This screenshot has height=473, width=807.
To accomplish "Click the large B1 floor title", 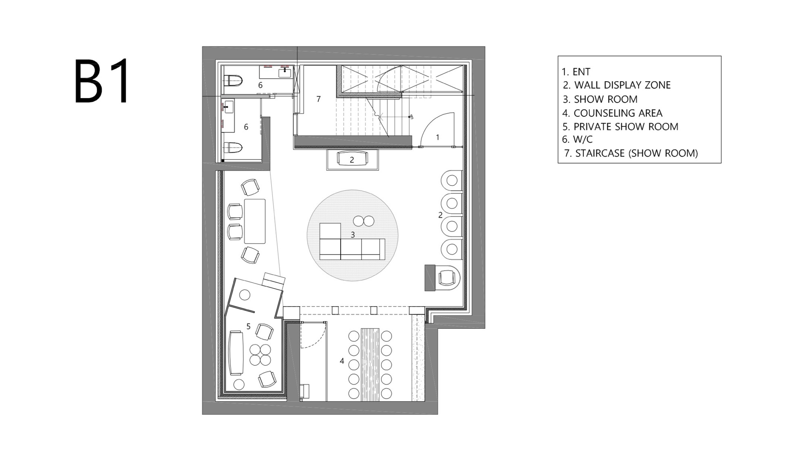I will tap(102, 82).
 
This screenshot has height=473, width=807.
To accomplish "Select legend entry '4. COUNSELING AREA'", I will tap(612, 113).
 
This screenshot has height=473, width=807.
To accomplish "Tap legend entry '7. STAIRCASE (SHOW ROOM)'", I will tap(631, 153).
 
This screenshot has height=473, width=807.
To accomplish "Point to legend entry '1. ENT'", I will tap(576, 72).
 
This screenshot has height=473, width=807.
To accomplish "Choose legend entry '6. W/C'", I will tap(577, 139).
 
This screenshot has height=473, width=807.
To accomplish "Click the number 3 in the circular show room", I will tap(353, 235).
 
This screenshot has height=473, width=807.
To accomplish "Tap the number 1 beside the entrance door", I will tap(438, 137).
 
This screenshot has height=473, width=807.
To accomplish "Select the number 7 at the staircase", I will tap(318, 99).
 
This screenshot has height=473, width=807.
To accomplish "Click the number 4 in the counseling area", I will tap(342, 361).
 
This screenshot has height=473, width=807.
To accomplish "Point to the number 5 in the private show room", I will tap(248, 326).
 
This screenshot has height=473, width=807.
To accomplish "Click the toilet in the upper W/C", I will tap(233, 80).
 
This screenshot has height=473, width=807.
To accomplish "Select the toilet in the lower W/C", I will tap(233, 147).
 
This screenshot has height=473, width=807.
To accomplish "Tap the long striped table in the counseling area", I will tap(370, 364).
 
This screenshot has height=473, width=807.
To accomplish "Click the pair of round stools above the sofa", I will tap(364, 221).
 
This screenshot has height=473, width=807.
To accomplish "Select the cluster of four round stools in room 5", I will tap(260, 354).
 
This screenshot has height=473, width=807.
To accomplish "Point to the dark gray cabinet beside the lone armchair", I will tap(430, 277).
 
